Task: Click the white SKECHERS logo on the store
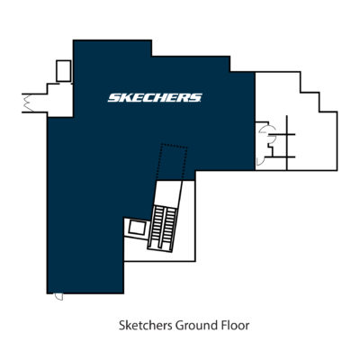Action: coord(155,98)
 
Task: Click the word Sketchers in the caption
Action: coord(146,326)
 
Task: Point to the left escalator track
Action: coord(157,228)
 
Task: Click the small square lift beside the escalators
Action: coord(137,229)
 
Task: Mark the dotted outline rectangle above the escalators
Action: coord(172,162)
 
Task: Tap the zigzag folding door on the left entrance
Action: coord(29,103)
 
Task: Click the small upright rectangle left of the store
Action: coord(64,71)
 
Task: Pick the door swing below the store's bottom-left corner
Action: coord(58,297)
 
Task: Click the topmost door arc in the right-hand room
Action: coord(264,129)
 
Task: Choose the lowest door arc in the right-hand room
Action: coord(260,161)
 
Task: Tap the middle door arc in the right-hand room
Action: coord(272,139)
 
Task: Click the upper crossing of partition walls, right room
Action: coord(287,134)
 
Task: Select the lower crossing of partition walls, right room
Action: coord(287,157)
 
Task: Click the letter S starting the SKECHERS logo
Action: coord(114,98)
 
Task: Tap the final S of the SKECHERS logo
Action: coord(196,98)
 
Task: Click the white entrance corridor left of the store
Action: coord(60,100)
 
